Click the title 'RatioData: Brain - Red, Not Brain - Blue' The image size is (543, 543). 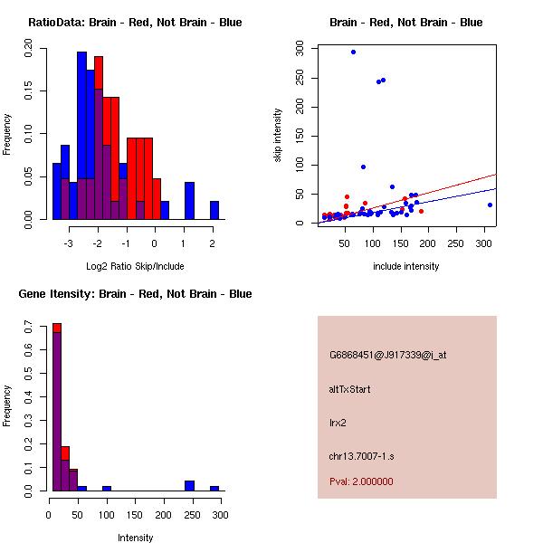pos(135,22)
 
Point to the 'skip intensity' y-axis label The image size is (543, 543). pos(279,136)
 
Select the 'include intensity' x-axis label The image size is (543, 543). pos(406,265)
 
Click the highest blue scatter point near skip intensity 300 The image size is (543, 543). pos(353,52)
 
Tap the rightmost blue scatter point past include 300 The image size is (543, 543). pos(490,205)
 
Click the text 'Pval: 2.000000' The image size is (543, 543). pos(361,481)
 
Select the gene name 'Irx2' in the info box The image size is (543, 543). pos(338,422)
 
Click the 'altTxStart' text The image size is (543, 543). pos(350,389)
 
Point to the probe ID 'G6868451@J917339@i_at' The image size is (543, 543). pos(387,355)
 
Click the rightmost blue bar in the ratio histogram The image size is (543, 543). pos(214,210)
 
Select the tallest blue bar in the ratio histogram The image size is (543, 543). pos(82,136)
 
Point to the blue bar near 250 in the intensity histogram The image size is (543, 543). pos(190,486)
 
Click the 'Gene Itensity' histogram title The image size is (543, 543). pos(135,293)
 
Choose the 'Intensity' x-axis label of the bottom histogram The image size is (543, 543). pos(135,537)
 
